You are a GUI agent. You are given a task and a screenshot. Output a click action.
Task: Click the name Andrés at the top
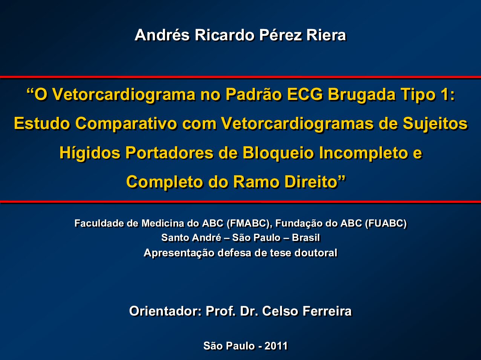162,35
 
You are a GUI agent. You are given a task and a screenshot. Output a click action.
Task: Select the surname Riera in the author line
326,35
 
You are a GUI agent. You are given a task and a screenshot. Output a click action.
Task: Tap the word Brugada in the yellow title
362,95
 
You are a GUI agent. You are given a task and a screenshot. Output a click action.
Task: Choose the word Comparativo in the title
126,124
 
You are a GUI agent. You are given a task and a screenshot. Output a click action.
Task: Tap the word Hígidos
90,153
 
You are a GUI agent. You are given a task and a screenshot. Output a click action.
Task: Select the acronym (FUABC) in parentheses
386,224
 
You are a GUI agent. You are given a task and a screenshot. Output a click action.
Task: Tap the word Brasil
306,238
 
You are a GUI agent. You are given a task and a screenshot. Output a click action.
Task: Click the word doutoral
316,253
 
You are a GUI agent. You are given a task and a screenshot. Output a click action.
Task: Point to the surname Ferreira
327,311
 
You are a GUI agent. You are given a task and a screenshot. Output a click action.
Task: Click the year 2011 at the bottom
276,346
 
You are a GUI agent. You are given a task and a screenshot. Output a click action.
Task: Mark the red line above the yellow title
240,77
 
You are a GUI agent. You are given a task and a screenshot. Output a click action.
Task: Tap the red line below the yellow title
240,202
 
